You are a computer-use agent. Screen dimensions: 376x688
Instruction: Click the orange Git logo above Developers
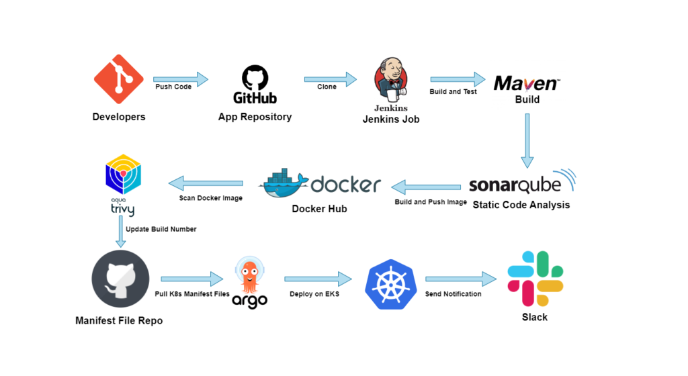tap(119, 79)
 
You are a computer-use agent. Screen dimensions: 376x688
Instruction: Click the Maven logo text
tap(526, 83)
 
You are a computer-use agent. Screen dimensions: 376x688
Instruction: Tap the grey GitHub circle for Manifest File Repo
tap(121, 279)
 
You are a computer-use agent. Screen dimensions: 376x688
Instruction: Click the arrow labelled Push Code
tap(181, 79)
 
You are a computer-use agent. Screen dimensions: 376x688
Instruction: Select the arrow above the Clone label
tap(330, 79)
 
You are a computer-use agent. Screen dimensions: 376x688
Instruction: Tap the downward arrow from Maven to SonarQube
tap(527, 140)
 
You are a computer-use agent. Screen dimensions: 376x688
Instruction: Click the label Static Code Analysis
tap(521, 205)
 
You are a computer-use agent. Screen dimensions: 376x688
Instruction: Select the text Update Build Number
tap(161, 229)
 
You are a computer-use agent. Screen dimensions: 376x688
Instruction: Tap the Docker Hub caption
tap(319, 209)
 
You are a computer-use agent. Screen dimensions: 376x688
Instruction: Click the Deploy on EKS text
tap(314, 294)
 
